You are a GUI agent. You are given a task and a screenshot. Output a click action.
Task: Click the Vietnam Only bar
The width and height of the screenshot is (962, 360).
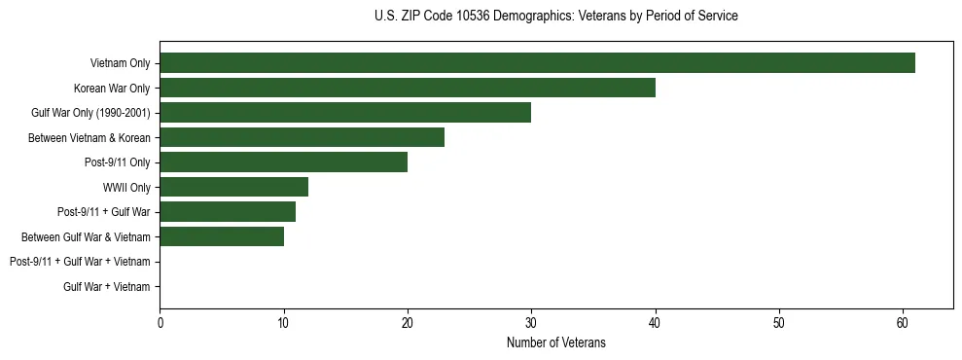(x=537, y=63)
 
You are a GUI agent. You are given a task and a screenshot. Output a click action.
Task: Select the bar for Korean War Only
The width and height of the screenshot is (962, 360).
(x=408, y=88)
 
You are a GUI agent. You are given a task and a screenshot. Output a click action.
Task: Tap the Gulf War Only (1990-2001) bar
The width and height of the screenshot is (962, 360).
(x=345, y=113)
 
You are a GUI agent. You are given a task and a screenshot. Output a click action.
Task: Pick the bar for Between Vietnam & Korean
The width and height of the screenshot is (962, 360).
(x=302, y=137)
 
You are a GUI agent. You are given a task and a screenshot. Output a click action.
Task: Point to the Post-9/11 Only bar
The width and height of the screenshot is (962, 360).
(x=283, y=162)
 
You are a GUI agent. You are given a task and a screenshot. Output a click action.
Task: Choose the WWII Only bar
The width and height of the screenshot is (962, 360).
(x=233, y=187)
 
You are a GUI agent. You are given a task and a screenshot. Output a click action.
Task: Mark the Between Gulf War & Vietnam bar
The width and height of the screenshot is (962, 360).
(x=222, y=236)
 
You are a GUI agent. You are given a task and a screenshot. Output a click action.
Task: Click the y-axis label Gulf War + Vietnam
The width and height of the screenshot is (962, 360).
(x=107, y=286)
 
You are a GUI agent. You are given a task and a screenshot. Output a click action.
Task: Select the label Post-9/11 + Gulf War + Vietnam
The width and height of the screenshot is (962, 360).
(x=80, y=262)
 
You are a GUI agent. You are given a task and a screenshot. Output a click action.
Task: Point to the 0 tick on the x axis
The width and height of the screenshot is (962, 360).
(x=160, y=323)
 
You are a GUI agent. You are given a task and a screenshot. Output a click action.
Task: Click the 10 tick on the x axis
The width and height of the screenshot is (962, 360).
(x=283, y=323)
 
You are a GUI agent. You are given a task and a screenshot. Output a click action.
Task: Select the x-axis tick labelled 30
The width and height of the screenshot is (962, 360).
(x=531, y=323)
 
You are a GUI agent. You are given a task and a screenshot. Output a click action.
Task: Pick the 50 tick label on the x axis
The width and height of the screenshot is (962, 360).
(x=779, y=323)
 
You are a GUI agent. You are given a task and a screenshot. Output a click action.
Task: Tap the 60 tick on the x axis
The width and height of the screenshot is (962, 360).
(x=903, y=323)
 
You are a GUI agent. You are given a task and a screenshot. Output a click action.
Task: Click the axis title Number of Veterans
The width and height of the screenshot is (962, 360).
(x=555, y=342)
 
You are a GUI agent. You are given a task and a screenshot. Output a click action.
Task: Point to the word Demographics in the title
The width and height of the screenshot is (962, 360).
(x=532, y=17)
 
